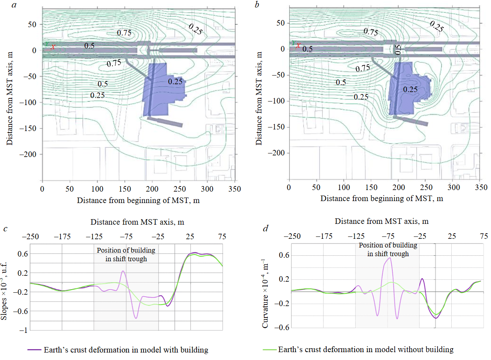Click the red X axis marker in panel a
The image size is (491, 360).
53,47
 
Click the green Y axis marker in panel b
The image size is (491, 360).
292,42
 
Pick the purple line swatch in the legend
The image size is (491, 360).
34,349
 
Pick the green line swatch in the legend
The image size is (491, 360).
269,349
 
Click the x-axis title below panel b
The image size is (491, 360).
382,199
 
